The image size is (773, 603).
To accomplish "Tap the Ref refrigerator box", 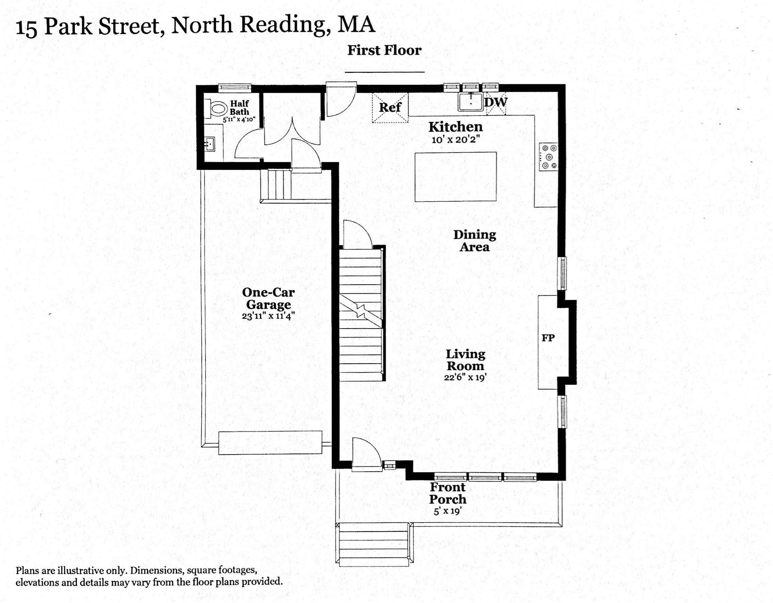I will (390, 108).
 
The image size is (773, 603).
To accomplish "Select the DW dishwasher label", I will (496, 102).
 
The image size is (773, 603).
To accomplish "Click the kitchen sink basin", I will (470, 102).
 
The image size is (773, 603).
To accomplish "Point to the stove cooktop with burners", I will (549, 157).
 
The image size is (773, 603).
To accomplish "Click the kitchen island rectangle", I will (455, 177).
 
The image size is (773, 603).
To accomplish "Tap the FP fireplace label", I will (548, 338).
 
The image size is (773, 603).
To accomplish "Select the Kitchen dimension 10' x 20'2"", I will (455, 139).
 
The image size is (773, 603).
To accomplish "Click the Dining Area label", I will (475, 241).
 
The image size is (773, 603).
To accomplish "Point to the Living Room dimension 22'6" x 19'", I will (465, 377).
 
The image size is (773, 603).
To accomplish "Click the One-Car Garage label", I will (268, 298).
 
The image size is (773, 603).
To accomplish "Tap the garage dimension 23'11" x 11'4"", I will (268, 316).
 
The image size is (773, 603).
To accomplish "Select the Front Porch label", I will (447, 493).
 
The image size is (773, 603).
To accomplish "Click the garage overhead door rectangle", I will (270, 442).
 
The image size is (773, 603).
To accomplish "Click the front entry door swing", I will (366, 455).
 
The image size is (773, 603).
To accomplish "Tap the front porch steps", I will (373, 546).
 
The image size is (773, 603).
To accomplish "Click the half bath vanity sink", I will (210, 144).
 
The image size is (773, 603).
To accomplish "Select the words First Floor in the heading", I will (384, 50).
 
